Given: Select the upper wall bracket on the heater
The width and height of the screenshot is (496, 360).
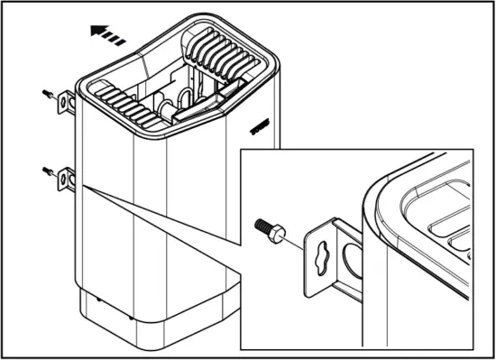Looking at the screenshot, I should pyautogui.click(x=66, y=103).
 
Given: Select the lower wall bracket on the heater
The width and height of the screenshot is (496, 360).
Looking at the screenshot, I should pyautogui.click(x=66, y=179).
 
